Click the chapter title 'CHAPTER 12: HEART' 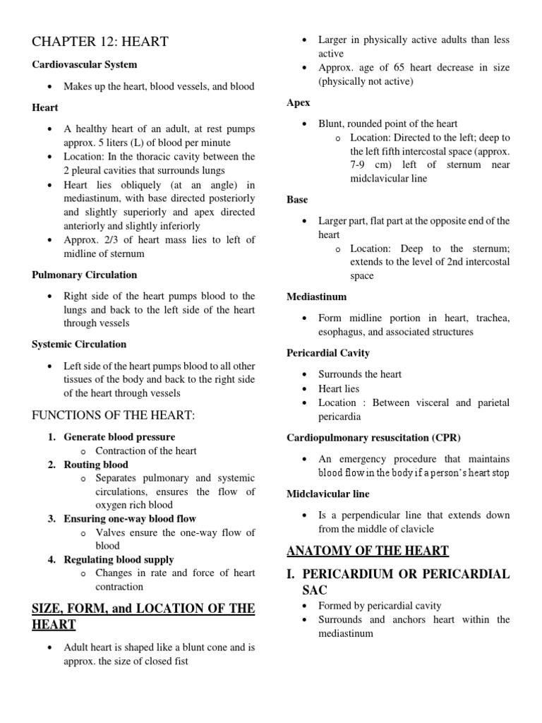pyautogui.click(x=100, y=42)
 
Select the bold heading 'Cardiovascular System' pyautogui.click(x=84, y=64)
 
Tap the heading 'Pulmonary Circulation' pyautogui.click(x=84, y=275)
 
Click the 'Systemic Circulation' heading pyautogui.click(x=79, y=345)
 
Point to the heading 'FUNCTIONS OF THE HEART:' pyautogui.click(x=113, y=415)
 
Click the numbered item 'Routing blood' pyautogui.click(x=96, y=465)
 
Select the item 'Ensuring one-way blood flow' pyautogui.click(x=130, y=519)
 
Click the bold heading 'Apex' pyautogui.click(x=299, y=102)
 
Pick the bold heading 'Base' pyautogui.click(x=297, y=200)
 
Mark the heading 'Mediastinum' pyautogui.click(x=317, y=297)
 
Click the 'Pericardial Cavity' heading pyautogui.click(x=328, y=353)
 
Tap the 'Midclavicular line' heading pyautogui.click(x=328, y=494)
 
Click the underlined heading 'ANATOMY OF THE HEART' pyautogui.click(x=368, y=551)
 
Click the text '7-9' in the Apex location pyautogui.click(x=360, y=165)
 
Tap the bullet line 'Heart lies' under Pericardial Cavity pyautogui.click(x=339, y=388)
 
